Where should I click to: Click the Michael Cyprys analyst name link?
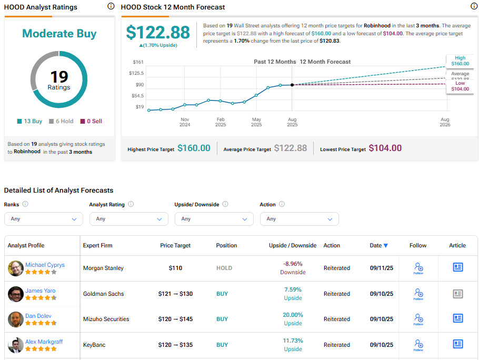[45, 265]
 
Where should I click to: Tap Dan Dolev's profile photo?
[16, 319]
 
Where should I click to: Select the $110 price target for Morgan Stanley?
[175, 268]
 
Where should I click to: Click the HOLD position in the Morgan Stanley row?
[224, 268]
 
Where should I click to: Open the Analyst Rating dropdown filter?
[129, 219]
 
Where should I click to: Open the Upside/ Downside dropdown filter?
[214, 219]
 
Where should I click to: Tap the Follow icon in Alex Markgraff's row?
[418, 344]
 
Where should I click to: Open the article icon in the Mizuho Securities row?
[458, 318]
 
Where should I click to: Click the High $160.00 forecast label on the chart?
[460, 61]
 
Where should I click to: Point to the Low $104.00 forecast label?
[460, 86]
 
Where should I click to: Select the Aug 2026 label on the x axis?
[445, 122]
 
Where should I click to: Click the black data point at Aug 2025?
[292, 85]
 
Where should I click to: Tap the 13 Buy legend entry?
[29, 121]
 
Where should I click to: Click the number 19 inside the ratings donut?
[59, 77]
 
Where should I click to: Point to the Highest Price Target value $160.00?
[194, 148]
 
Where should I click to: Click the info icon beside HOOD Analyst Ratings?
[111, 6]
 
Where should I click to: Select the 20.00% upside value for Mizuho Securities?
[293, 315]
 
